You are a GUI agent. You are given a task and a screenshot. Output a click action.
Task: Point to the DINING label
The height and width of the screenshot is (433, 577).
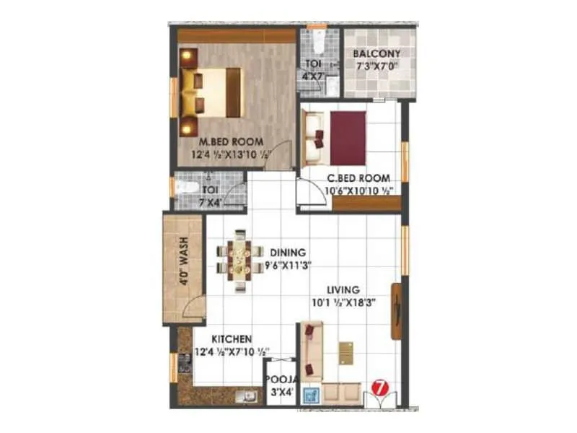click(288, 253)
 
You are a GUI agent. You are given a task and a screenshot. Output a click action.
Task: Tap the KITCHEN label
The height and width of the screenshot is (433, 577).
click(231, 338)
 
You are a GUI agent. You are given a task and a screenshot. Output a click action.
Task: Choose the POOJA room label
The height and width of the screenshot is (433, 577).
click(278, 380)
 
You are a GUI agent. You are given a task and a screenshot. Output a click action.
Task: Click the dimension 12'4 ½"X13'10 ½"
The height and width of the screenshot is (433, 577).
click(231, 154)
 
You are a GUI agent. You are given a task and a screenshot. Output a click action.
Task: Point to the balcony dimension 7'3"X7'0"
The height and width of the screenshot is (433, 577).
click(376, 69)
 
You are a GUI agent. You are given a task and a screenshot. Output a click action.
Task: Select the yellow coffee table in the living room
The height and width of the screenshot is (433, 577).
click(346, 351)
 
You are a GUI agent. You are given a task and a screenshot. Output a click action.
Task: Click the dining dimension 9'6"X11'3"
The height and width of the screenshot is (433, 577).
click(288, 266)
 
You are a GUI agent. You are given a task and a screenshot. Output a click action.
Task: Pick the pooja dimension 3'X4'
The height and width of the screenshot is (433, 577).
click(278, 393)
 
